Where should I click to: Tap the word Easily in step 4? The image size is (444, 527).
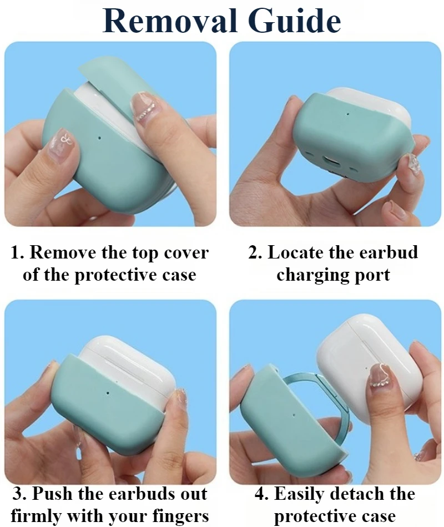click(302, 494)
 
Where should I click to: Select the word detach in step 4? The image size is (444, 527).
click(360, 494)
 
